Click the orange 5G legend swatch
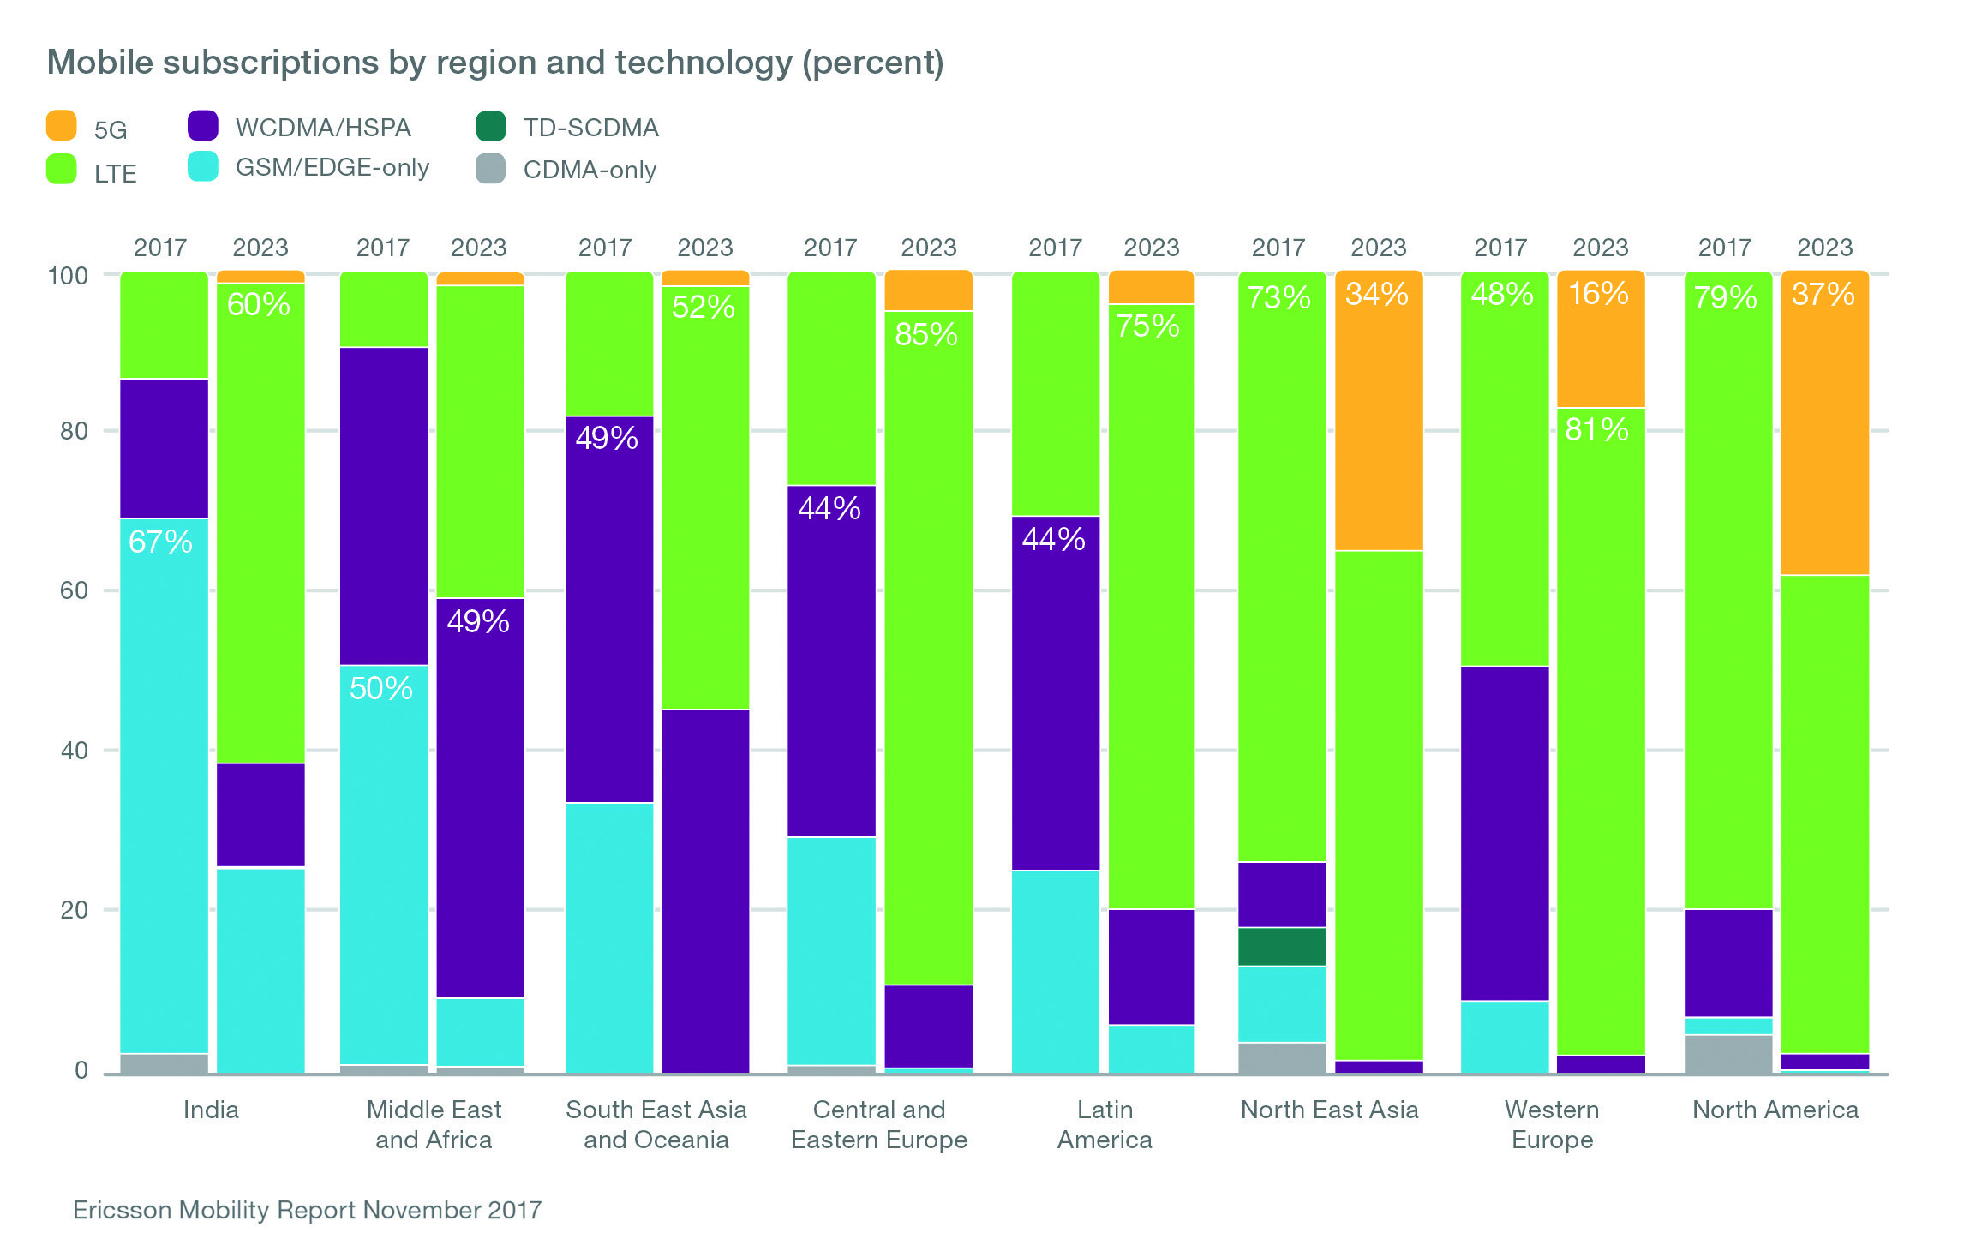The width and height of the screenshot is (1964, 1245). (x=61, y=126)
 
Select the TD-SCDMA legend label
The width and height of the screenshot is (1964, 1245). (x=590, y=128)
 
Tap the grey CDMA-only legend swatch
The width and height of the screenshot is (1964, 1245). (x=491, y=169)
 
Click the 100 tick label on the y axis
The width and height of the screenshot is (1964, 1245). (x=68, y=276)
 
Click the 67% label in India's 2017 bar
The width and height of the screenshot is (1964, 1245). (x=160, y=542)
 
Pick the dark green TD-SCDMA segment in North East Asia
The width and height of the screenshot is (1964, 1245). (x=1282, y=947)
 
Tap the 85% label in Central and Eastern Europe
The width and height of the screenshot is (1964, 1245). (x=926, y=334)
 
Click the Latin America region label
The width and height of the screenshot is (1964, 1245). (x=1105, y=1124)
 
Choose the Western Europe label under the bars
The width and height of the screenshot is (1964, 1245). (x=1552, y=1124)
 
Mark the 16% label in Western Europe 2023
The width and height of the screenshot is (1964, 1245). (x=1598, y=294)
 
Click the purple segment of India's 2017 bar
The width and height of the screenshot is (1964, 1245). (x=164, y=448)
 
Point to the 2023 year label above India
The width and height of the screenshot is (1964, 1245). (x=260, y=248)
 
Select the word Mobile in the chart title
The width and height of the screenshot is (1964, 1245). (x=99, y=63)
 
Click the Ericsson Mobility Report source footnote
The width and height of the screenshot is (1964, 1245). (x=307, y=1210)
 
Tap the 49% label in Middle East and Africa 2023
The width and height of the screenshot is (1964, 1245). (x=478, y=621)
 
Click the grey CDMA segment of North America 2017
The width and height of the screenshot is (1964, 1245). (x=1727, y=1054)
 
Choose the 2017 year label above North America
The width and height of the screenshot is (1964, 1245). (x=1724, y=248)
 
